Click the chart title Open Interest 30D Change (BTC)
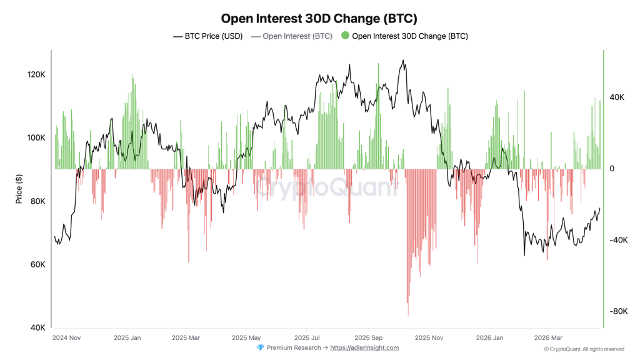[x=319, y=19]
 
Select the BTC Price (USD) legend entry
[x=207, y=36]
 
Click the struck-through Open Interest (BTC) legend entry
[x=291, y=36]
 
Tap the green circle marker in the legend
[x=345, y=36]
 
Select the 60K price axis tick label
[x=36, y=265]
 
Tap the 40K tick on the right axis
[x=617, y=97]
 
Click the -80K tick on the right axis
[x=619, y=312]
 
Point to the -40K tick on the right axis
[x=619, y=241]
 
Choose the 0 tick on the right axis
[x=612, y=169]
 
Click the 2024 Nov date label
[x=66, y=338]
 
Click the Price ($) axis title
[x=19, y=189]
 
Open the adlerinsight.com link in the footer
[x=364, y=348]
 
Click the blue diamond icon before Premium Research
[x=260, y=348]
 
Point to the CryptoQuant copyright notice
[x=583, y=349]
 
